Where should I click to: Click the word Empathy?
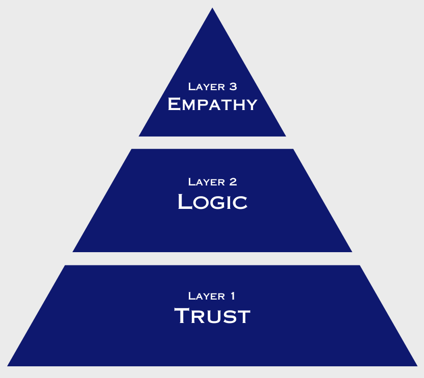pyautogui.click(x=212, y=104)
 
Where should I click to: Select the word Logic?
pyautogui.click(x=212, y=202)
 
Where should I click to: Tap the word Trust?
pyautogui.click(x=212, y=316)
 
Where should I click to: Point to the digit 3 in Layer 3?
pyautogui.click(x=233, y=87)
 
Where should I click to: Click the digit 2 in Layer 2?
pyautogui.click(x=233, y=182)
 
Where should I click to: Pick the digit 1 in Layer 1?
pyautogui.click(x=233, y=296)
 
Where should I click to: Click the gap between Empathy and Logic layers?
pyautogui.click(x=212, y=143)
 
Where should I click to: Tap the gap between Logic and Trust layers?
pyautogui.click(x=212, y=259)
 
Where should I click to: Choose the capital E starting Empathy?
pyautogui.click(x=174, y=104)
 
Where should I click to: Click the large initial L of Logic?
pyautogui.click(x=184, y=202)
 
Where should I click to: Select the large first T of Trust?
pyautogui.click(x=183, y=316)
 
